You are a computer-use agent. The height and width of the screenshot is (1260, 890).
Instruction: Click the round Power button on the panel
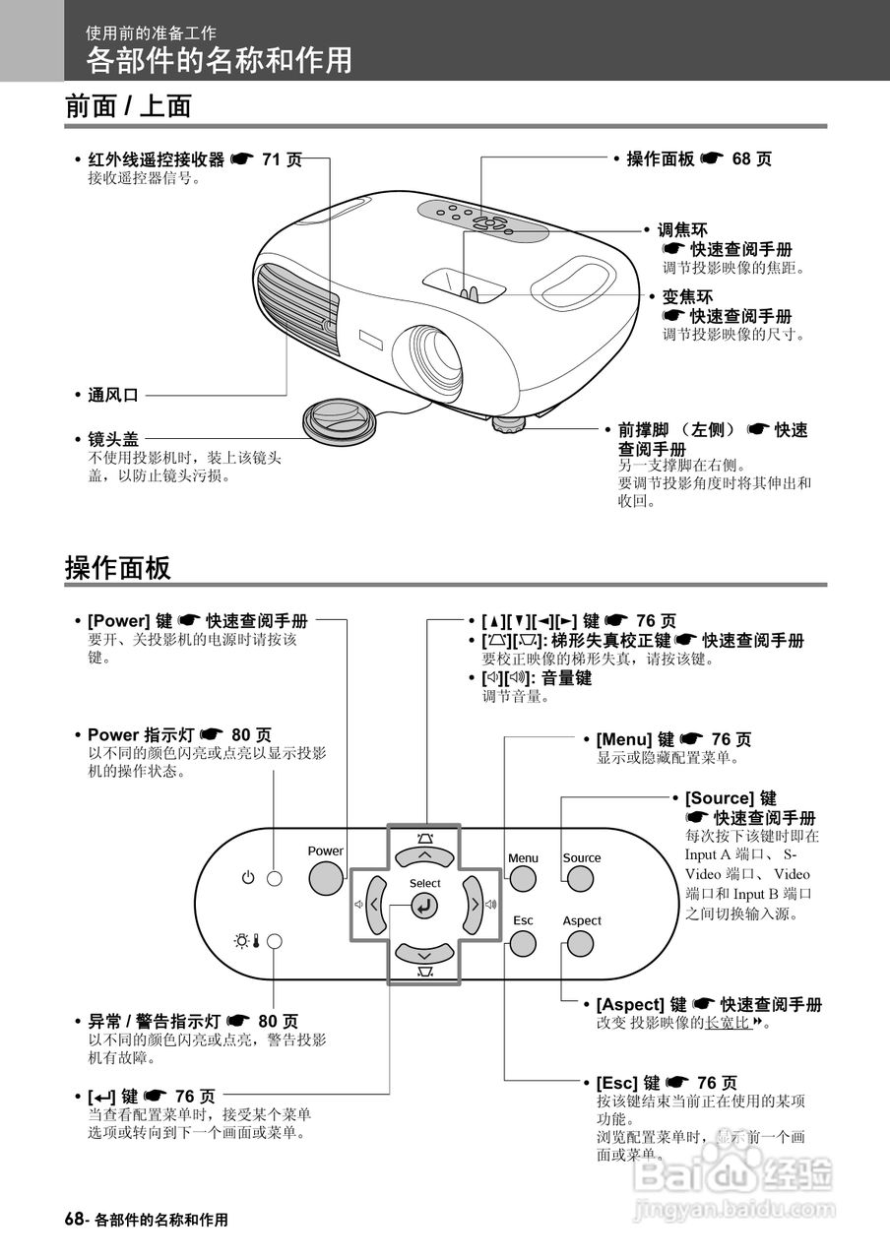(x=326, y=879)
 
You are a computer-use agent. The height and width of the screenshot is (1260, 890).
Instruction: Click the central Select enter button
(x=424, y=907)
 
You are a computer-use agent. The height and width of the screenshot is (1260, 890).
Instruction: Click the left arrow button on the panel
(x=375, y=903)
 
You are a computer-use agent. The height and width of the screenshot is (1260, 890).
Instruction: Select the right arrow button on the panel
(x=474, y=903)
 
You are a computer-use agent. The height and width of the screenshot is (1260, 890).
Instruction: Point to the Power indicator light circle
(x=275, y=878)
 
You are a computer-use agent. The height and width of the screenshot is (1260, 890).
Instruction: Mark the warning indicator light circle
(x=275, y=941)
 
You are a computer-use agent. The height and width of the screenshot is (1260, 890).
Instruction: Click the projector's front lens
(x=429, y=352)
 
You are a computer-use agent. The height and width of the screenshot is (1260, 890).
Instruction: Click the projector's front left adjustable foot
(x=509, y=424)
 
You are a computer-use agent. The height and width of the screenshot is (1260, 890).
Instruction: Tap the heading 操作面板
(x=118, y=568)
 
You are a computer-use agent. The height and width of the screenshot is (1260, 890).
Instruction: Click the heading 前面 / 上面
(x=128, y=106)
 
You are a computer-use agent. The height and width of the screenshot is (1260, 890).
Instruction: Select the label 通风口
(x=113, y=395)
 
